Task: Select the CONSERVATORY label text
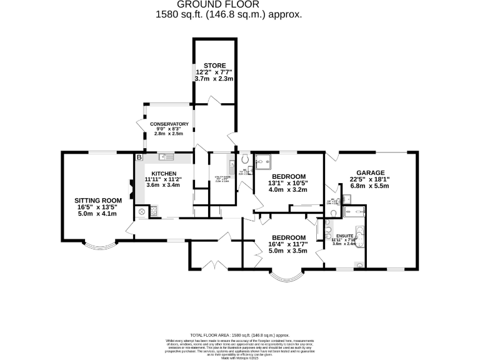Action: click(168, 124)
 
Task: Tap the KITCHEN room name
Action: click(162, 173)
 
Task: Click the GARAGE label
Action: click(370, 173)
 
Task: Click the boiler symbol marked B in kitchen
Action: click(139, 157)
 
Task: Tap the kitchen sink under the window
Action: click(166, 157)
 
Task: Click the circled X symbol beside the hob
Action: click(142, 212)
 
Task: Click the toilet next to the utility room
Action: click(246, 161)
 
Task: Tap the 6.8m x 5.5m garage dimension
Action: click(370, 186)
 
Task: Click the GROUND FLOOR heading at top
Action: click(228, 4)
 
